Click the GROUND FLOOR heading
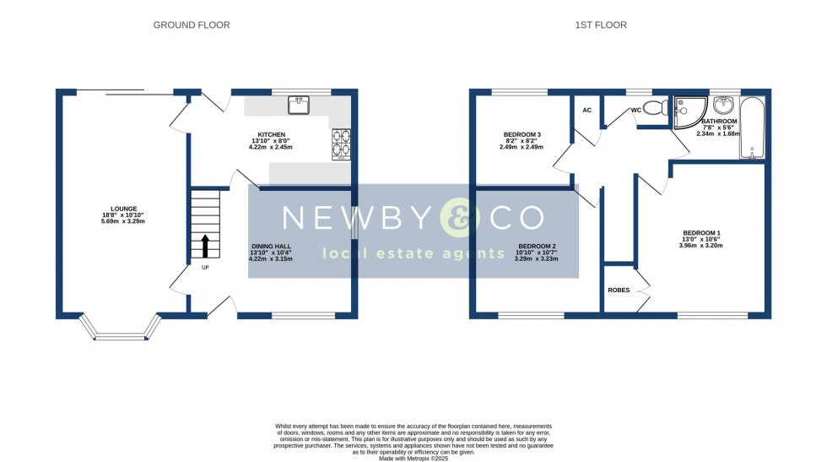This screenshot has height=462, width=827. (x=192, y=25)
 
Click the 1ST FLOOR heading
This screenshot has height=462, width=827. (x=601, y=25)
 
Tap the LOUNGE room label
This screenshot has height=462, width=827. (x=123, y=209)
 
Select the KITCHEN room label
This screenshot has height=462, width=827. (x=272, y=134)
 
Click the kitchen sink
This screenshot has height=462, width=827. (x=299, y=105)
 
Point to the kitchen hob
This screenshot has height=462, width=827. (x=342, y=144)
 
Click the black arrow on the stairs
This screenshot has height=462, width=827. (x=204, y=247)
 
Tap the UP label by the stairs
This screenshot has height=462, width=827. (x=204, y=268)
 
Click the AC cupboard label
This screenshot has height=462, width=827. (x=586, y=111)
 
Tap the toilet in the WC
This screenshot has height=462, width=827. (x=662, y=107)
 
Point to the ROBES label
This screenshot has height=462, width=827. (x=619, y=290)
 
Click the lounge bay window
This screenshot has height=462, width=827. (x=120, y=329)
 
